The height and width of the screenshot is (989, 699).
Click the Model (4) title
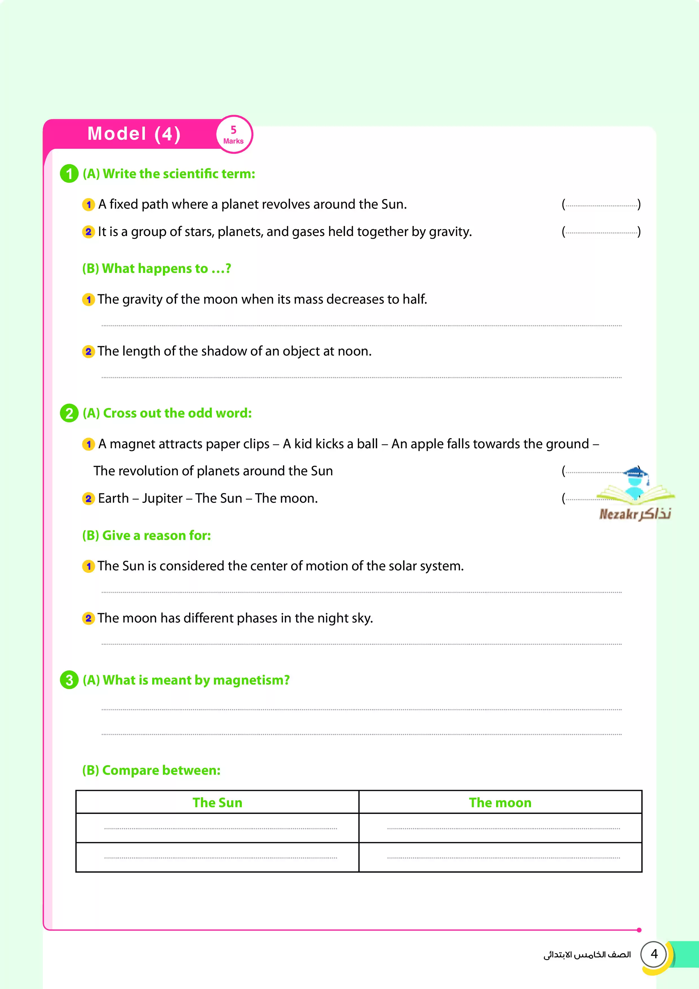(134, 134)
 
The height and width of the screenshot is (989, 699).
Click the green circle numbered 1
(69, 174)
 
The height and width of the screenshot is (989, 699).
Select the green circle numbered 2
(69, 413)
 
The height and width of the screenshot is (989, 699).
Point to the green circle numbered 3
(69, 680)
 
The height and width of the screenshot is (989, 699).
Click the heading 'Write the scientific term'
(178, 174)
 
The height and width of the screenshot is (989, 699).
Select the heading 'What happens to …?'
(157, 268)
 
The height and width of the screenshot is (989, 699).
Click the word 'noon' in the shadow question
(354, 352)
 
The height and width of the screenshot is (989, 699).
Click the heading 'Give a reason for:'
(147, 535)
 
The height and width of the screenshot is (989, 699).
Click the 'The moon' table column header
(500, 802)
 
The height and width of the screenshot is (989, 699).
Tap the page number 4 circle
(654, 954)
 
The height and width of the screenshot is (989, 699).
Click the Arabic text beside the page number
(587, 955)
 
